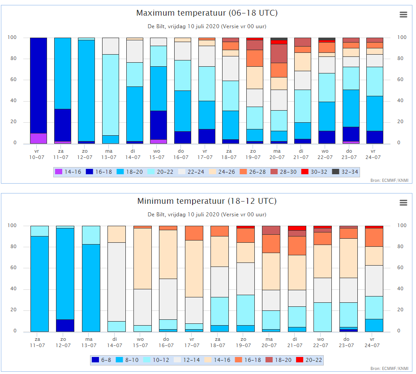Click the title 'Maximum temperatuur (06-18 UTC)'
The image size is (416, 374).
coord(207,13)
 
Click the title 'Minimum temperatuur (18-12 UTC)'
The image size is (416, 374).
coord(207,201)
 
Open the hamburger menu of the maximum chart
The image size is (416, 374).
coord(403,15)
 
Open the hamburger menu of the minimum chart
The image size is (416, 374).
coord(403,203)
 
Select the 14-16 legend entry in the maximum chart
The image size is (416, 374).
coord(68,172)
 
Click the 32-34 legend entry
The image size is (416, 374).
coord(345,172)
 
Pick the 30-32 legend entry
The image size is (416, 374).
coord(314,172)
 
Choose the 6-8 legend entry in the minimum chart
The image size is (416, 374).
coord(101,360)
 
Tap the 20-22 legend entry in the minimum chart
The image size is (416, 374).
coord(309,360)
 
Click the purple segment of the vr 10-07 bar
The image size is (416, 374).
coord(39,138)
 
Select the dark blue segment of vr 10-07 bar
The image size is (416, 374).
coord(39,86)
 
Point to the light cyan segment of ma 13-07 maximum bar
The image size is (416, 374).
coord(111,95)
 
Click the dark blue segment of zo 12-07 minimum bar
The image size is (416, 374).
coord(65,326)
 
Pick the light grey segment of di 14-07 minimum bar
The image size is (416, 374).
coord(116,282)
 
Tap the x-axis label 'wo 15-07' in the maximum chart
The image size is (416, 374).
coord(157,154)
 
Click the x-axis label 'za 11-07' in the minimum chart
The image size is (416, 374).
coord(38,342)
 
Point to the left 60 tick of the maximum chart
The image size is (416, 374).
coord(13,79)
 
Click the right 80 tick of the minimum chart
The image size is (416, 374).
coord(401,247)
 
